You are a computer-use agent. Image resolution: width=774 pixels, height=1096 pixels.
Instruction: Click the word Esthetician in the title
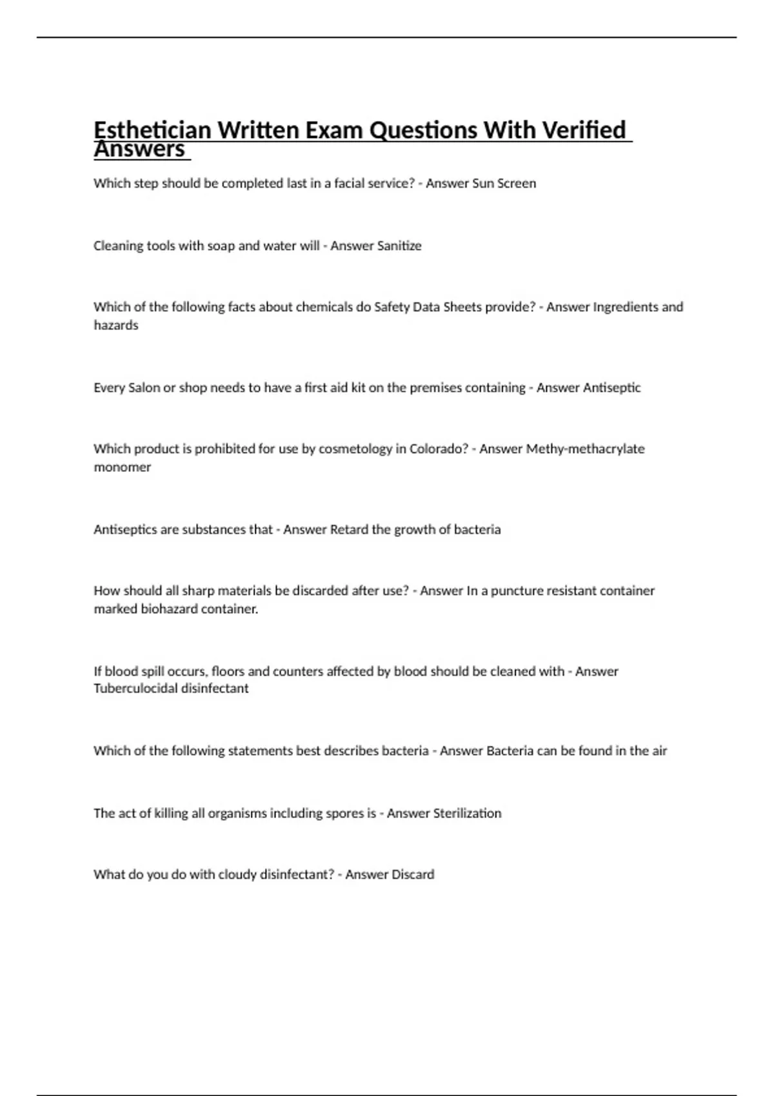pos(152,130)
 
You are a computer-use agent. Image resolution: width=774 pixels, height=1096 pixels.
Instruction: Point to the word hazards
pos(116,326)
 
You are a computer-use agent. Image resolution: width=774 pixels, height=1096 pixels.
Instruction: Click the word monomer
pos(122,467)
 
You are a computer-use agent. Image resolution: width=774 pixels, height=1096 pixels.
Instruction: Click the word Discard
pos(411,874)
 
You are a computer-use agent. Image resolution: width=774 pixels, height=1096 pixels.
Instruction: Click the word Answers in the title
pos(139,150)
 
